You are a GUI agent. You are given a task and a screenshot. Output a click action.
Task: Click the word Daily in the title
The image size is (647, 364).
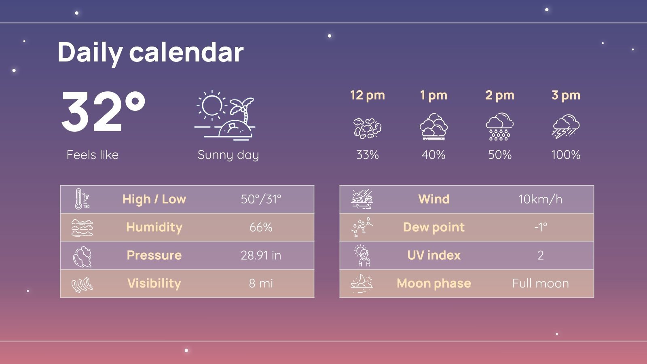pos(90,53)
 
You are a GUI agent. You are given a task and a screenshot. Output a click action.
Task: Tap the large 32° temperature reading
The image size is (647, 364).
pos(103,112)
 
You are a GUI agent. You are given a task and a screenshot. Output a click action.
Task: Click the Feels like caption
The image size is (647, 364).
pos(93,155)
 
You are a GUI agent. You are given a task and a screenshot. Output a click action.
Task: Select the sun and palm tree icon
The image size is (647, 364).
pos(225,116)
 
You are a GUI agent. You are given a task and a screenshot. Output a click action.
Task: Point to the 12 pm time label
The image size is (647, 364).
pos(367,95)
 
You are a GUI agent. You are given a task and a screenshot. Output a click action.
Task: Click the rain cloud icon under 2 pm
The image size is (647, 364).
pos(499,127)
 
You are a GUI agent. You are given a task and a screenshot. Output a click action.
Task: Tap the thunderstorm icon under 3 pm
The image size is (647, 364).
pos(566,127)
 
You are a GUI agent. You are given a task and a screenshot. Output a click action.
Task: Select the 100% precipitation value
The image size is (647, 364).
pos(566,155)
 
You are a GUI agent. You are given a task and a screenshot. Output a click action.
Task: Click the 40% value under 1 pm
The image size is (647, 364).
pos(433,155)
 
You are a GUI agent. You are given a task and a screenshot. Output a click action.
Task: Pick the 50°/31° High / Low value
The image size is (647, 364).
pos(261,199)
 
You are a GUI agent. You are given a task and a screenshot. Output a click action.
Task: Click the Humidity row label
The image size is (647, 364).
pos(154,227)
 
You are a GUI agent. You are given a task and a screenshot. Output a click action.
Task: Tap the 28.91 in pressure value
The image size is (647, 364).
pos(261,256)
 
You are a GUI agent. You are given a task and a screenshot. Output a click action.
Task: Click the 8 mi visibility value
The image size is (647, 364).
pos(261,284)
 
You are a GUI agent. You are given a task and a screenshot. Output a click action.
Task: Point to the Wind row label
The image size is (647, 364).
pos(434,199)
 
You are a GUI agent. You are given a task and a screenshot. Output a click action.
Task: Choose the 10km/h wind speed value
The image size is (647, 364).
pos(540,199)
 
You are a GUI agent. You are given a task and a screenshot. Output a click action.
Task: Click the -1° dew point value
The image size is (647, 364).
pos(540,227)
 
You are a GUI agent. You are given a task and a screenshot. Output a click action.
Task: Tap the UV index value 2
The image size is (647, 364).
pos(540,256)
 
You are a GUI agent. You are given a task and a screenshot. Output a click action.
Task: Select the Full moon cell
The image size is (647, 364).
pos(540,284)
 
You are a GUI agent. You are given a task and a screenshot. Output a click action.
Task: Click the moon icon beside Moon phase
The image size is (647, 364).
pos(362,284)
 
